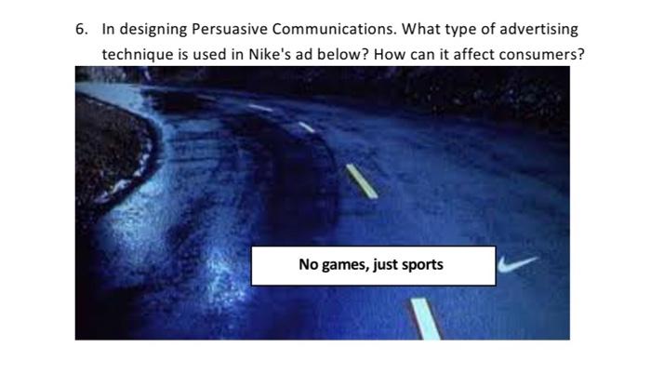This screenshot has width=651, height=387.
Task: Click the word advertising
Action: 538,31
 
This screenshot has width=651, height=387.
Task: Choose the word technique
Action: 137,55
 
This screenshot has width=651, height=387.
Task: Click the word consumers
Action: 541,54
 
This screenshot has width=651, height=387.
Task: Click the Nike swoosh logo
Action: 517,266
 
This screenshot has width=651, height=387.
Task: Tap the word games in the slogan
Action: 343,265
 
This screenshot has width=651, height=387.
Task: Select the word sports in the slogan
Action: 422,265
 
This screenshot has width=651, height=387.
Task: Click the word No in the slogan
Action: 309,264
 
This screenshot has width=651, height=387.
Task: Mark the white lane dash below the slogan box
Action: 425,318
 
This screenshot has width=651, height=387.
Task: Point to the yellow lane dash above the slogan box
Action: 361,180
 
